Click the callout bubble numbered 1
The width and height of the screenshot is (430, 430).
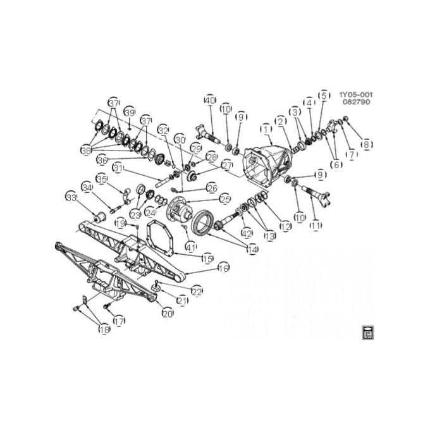266,129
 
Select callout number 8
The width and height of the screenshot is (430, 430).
366,144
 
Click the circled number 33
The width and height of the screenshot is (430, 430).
71,197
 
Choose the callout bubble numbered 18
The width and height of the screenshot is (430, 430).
103,329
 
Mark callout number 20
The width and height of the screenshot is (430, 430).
167,313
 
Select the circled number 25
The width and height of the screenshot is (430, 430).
225,199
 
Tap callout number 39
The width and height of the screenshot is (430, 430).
130,112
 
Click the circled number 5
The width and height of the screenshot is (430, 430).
324,95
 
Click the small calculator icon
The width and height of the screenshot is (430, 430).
367,333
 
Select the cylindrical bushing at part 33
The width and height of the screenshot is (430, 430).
98,219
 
